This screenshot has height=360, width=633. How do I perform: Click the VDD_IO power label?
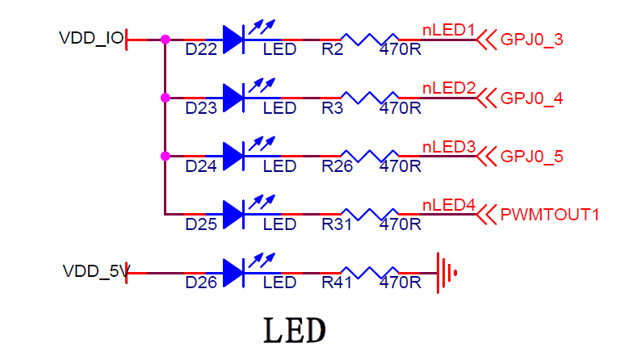(x=91, y=39)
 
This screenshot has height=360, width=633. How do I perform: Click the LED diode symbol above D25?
(x=233, y=214)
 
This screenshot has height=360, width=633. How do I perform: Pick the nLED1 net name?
(x=449, y=30)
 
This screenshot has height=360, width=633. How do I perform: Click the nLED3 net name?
(x=449, y=147)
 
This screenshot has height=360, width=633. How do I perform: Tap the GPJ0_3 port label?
(x=532, y=39)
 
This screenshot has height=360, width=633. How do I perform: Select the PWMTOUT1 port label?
(x=551, y=215)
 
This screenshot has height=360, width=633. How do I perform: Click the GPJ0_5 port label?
(x=532, y=157)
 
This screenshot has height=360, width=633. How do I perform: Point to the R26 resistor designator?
(x=337, y=166)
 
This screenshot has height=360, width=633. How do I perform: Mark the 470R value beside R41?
(x=400, y=283)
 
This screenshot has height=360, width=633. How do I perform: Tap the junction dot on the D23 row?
(x=165, y=98)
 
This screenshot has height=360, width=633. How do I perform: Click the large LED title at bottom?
(x=296, y=330)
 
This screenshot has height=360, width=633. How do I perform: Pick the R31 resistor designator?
(x=337, y=224)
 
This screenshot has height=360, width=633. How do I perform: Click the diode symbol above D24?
(x=233, y=156)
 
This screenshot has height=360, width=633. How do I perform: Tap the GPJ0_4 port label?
(x=532, y=98)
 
